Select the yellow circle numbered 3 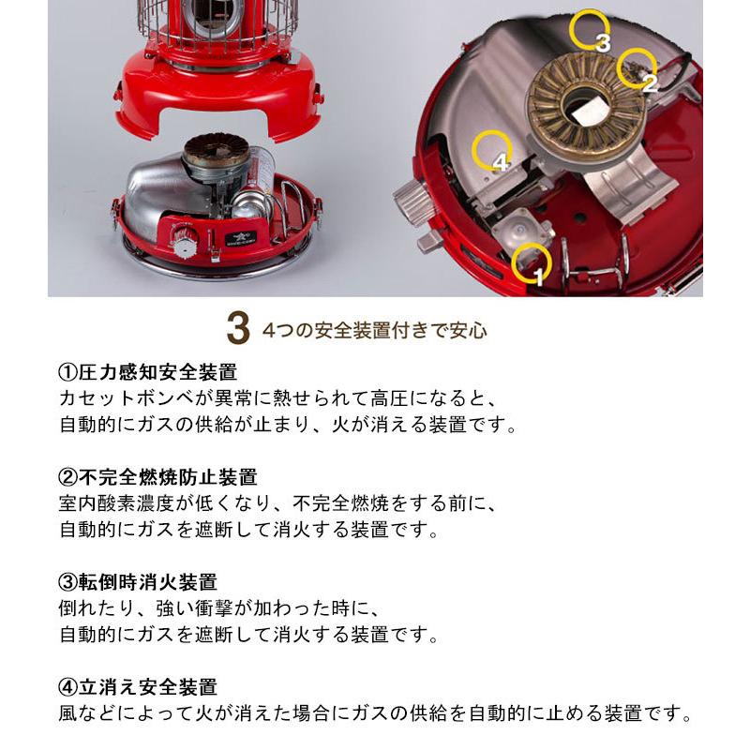(572, 29)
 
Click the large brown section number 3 (238, 328)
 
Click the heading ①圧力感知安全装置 (147, 371)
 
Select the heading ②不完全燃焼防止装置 (157, 477)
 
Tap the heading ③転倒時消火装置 (137, 581)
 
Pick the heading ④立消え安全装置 (137, 687)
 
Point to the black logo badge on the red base (241, 238)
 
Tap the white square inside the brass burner (589, 112)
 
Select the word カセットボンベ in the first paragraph (131, 398)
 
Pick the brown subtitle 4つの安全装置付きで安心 (374, 330)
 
